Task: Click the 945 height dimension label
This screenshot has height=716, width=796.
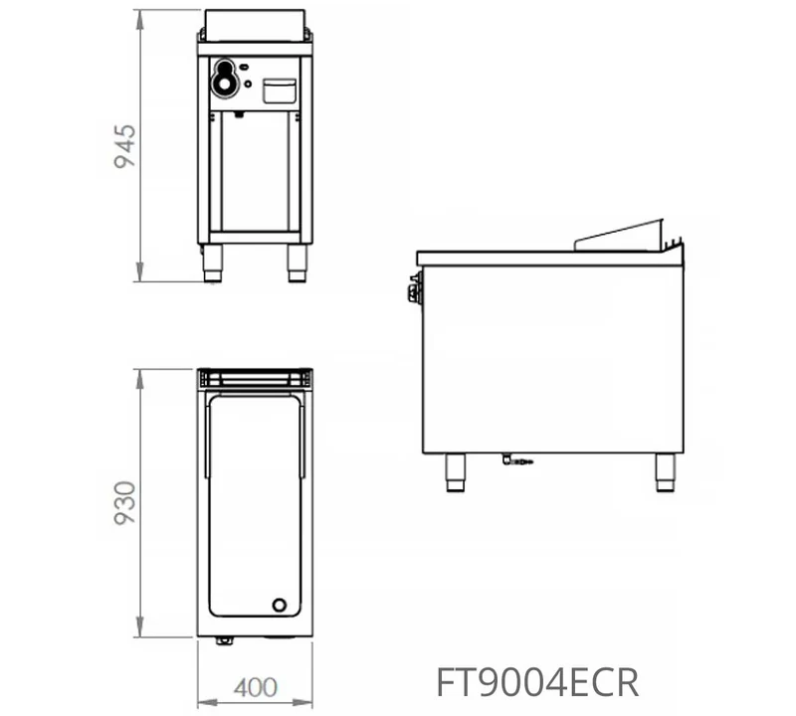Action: (125, 146)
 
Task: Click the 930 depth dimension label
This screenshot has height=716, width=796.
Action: (125, 503)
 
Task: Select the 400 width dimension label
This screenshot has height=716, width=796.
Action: (256, 687)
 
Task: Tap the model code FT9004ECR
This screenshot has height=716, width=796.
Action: (537, 683)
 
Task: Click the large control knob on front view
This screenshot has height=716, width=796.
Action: (225, 79)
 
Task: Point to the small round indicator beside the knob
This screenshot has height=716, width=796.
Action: (248, 84)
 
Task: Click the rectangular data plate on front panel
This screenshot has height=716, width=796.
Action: (280, 90)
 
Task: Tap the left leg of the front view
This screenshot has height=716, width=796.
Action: (213, 263)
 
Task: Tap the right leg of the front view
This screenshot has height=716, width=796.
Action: (297, 263)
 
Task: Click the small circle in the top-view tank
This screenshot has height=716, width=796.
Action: (280, 605)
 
